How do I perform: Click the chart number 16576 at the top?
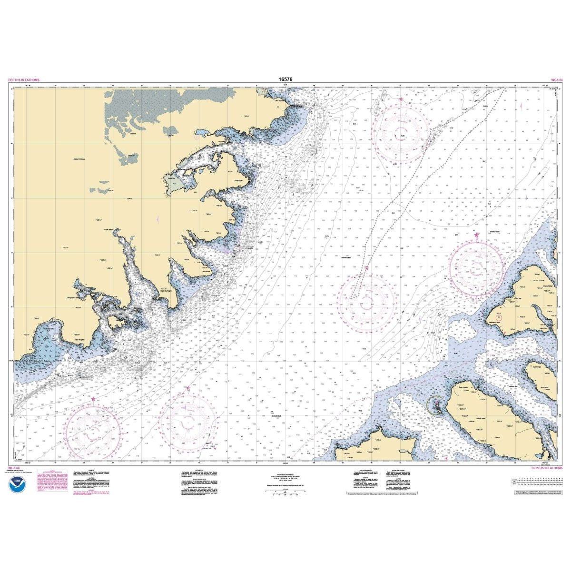point(285,80)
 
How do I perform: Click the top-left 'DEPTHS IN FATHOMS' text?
point(24,80)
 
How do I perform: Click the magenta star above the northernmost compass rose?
point(401,99)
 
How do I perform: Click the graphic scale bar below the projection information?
point(285,495)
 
